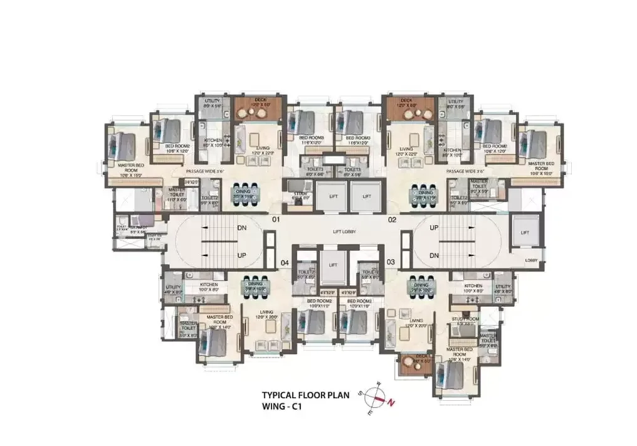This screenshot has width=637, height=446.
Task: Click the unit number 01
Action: pyautogui.click(x=275, y=220)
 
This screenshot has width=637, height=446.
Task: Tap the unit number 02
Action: pyautogui.click(x=392, y=220)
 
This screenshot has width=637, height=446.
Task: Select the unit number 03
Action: pyautogui.click(x=390, y=262)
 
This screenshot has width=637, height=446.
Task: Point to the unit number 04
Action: pyautogui.click(x=284, y=262)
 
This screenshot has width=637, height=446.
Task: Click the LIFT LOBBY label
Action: pyautogui.click(x=344, y=232)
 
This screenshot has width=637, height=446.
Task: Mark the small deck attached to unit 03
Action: pyautogui.click(x=414, y=364)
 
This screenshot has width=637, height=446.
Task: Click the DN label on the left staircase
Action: pyautogui.click(x=241, y=230)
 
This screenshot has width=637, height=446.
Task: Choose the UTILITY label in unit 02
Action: pyautogui.click(x=455, y=101)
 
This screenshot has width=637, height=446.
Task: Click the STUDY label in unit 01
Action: pyautogui.click(x=300, y=194)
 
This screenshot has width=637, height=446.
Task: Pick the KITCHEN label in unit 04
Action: pyautogui.click(x=209, y=285)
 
